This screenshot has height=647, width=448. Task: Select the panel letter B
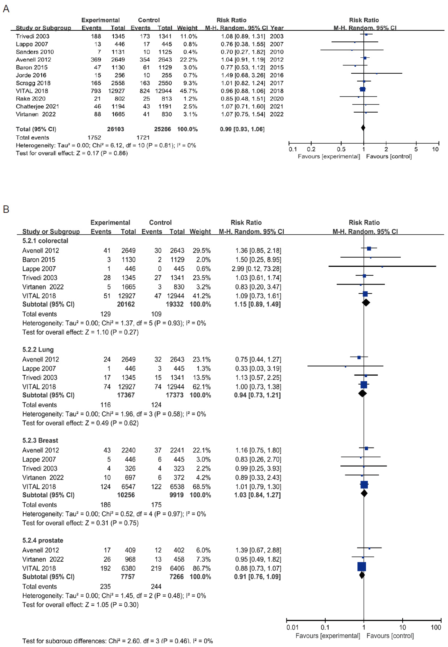(x=6, y=209)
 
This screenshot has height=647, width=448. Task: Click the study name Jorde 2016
(x=31, y=75)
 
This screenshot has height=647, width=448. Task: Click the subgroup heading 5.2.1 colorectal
(x=45, y=241)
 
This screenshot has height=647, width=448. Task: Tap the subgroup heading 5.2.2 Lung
(x=38, y=350)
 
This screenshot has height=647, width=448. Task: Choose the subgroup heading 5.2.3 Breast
(x=40, y=440)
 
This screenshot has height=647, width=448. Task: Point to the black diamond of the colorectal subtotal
(x=366, y=303)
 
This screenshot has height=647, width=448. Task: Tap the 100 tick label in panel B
(x=436, y=627)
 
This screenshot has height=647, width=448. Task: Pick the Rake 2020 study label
(x=31, y=99)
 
